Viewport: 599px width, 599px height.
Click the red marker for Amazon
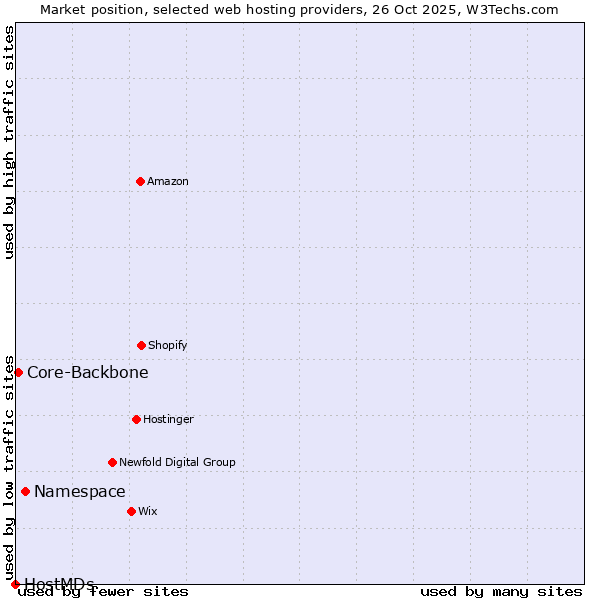[140, 181]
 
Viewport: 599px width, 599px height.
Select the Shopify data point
[141, 345]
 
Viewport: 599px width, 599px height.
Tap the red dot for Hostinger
[136, 419]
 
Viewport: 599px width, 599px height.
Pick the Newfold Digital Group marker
[112, 462]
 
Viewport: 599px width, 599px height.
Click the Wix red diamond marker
[131, 511]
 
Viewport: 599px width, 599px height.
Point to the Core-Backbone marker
[18, 372]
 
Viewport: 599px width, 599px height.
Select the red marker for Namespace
[25, 491]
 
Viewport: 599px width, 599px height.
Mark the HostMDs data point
[15, 584]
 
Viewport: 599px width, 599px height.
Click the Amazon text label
[168, 181]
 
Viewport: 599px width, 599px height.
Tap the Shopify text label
[168, 345]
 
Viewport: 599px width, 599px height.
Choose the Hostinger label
[168, 419]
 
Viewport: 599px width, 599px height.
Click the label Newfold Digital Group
[177, 462]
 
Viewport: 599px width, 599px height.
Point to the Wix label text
[148, 511]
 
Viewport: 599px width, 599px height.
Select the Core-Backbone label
[88, 373]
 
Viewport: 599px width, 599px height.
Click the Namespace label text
[80, 491]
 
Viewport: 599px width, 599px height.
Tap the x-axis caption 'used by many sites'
[501, 592]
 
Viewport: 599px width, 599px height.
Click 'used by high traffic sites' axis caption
[10, 142]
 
